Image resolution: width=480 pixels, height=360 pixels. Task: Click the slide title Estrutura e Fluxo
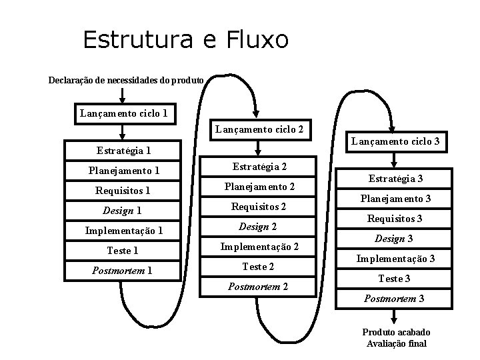coord(186,40)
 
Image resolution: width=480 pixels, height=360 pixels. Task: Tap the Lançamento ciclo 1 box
coord(125,113)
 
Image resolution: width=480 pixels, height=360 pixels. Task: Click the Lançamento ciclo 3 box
coord(395,141)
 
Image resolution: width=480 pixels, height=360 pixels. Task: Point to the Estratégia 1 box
coord(123,151)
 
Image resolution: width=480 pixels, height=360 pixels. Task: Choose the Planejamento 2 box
coord(259,187)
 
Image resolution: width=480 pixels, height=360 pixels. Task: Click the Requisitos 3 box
coord(395,219)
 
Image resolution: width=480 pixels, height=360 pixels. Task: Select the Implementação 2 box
coord(259,247)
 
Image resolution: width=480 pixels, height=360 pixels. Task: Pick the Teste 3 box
coord(395,279)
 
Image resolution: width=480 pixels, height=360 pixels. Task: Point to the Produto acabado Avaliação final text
coord(397,338)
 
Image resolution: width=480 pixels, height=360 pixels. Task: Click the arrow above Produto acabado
coord(396,319)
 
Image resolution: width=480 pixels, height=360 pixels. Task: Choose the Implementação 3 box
coord(395,259)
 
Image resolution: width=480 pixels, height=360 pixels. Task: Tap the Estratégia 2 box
coord(259,167)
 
